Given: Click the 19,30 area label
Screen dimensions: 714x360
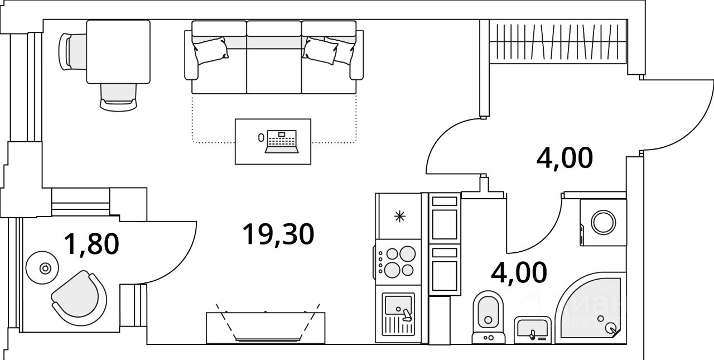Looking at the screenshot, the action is click(278, 234).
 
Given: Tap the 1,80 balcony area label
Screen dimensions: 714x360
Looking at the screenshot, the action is click(91, 244).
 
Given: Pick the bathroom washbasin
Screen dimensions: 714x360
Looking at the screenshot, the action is click(532, 330).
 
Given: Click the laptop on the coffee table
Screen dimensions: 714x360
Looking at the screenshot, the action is click(282, 141).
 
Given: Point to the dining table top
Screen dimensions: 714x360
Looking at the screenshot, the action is click(118, 51).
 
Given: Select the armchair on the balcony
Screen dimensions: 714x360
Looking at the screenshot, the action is click(80, 296).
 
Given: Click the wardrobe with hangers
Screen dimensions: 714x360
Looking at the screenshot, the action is click(558, 42).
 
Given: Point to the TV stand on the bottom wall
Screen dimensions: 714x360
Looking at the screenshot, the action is click(266, 328).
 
